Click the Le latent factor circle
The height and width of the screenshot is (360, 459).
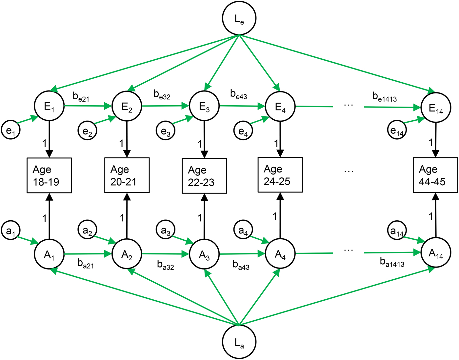pyautogui.click(x=239, y=18)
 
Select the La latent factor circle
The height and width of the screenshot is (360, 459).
pyautogui.click(x=239, y=342)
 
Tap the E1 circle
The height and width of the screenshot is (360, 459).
pyautogui.click(x=49, y=106)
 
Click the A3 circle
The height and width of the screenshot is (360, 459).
pyautogui.click(x=204, y=254)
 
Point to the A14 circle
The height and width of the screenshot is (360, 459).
pyautogui.click(x=436, y=252)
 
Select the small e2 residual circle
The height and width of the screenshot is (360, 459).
pyautogui.click(x=87, y=131)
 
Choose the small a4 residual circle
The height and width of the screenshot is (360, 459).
pyautogui.click(x=243, y=230)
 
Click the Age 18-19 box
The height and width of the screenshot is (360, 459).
pyautogui.click(x=49, y=175)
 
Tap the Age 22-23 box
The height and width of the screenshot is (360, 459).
pyautogui.click(x=204, y=176)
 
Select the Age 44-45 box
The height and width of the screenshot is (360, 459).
pyautogui.click(x=435, y=175)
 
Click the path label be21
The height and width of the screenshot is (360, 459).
pyautogui.click(x=81, y=97)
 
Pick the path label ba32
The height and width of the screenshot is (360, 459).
pyautogui.click(x=165, y=265)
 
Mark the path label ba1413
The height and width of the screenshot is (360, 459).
pyautogui.click(x=392, y=262)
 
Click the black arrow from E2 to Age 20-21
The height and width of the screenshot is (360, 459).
pyautogui.click(x=127, y=139)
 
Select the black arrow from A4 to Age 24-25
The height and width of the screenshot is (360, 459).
pyautogui.click(x=280, y=216)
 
